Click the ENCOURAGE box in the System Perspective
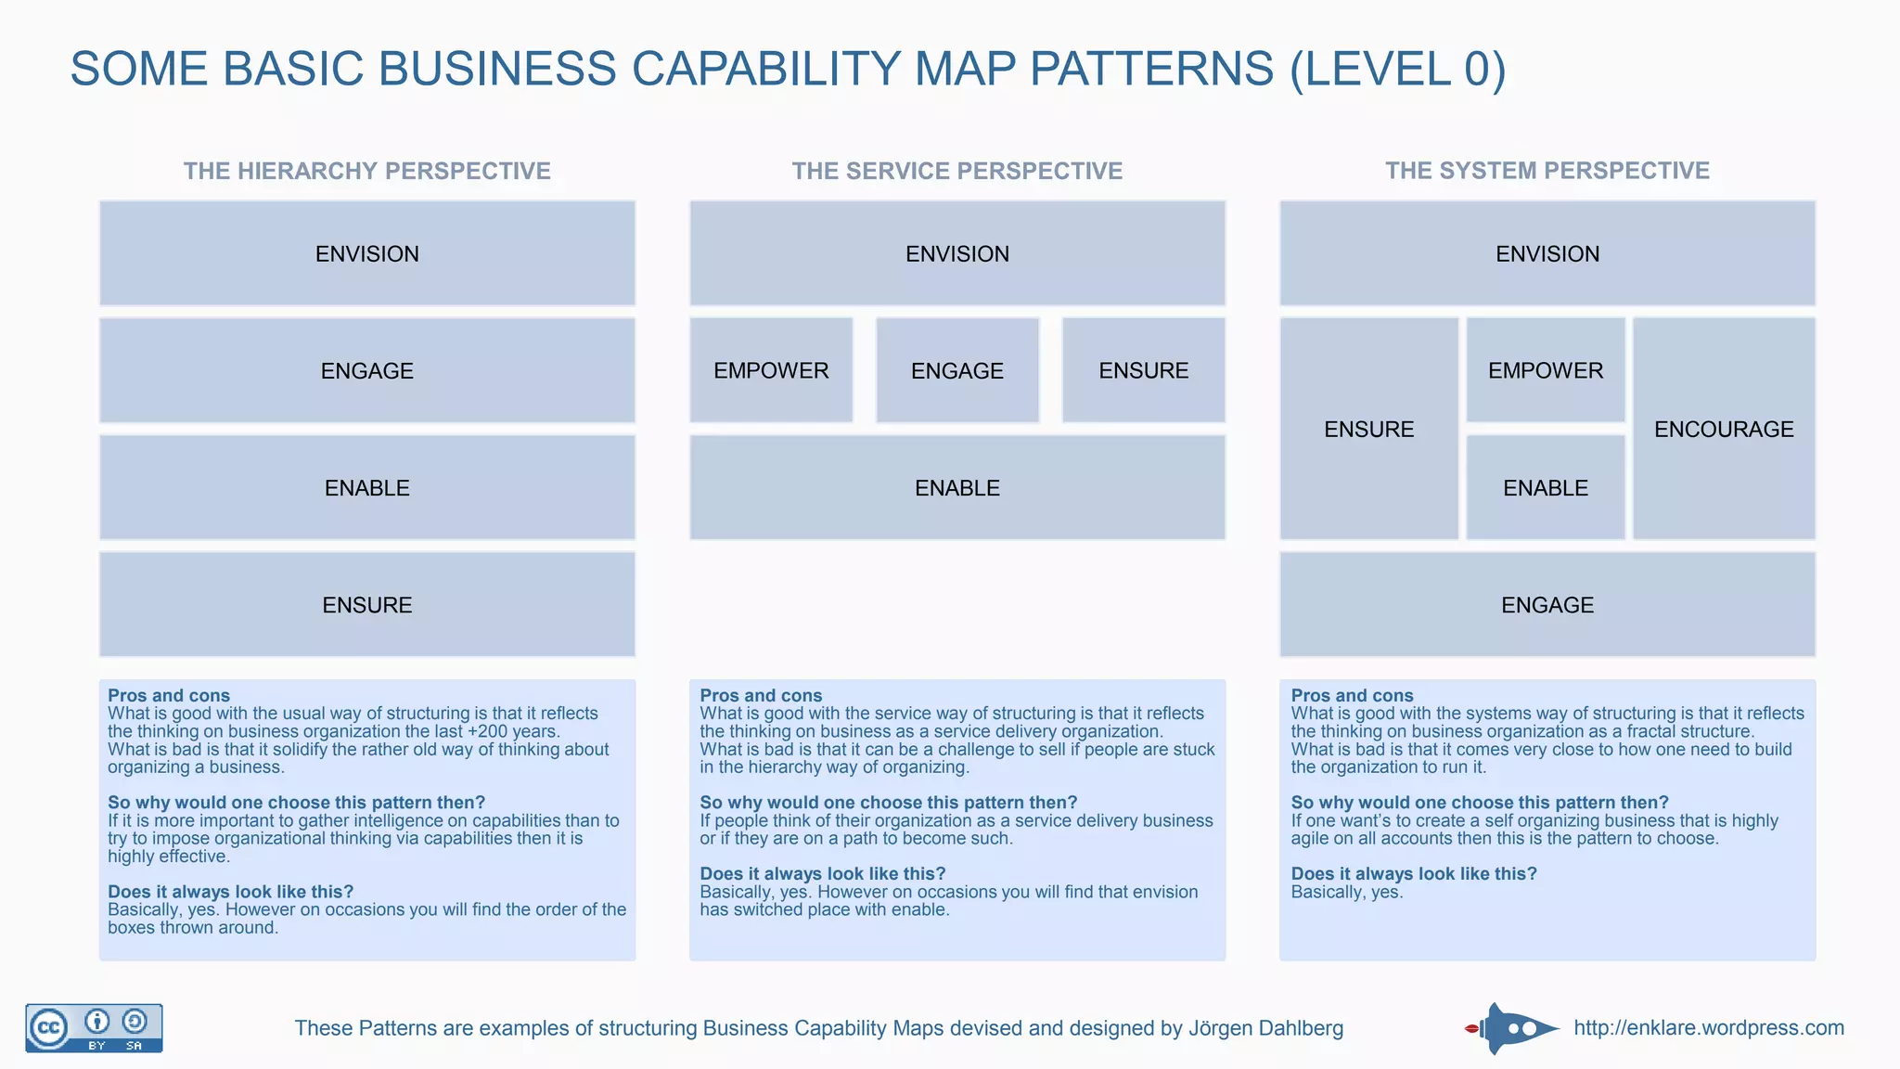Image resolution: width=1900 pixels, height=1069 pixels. click(x=1723, y=429)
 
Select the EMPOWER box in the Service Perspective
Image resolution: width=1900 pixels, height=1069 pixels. click(x=771, y=370)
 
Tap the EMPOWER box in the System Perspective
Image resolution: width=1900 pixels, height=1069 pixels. click(x=1546, y=370)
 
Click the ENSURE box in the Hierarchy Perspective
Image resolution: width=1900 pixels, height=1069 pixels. click(x=367, y=605)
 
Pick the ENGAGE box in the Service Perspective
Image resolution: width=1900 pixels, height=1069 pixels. click(x=957, y=370)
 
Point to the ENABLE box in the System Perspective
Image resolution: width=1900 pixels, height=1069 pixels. click(x=1546, y=488)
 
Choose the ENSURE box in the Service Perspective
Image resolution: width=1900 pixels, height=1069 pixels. click(x=1143, y=370)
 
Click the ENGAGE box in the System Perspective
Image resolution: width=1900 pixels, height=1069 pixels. click(x=1547, y=605)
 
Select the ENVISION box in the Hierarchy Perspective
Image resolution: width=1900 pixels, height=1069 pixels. click(x=367, y=253)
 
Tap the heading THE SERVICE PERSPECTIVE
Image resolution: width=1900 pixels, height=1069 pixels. click(x=957, y=171)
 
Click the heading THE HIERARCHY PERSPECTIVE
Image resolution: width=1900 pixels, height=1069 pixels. click(x=367, y=171)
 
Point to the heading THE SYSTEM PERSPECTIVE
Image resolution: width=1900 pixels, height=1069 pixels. click(x=1547, y=171)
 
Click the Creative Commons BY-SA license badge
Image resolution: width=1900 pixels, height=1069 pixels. click(x=94, y=1028)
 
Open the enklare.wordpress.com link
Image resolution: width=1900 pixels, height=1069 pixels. click(x=1709, y=1028)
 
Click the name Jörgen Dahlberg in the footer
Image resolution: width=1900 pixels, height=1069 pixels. click(x=1266, y=1028)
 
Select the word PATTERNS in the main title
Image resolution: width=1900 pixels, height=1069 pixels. click(x=1151, y=69)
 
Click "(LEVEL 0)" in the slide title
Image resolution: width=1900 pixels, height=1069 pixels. click(x=1397, y=69)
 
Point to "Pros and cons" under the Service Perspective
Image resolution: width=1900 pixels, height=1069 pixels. click(x=761, y=695)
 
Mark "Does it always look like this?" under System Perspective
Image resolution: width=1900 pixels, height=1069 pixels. click(x=1414, y=873)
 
